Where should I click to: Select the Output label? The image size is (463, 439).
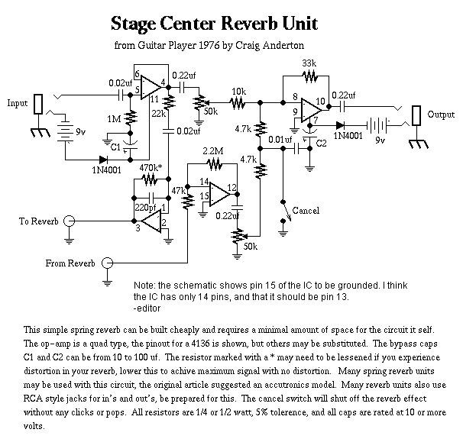(x=442, y=115)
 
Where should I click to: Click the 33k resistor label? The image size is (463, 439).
(x=309, y=63)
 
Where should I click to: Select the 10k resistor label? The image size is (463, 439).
(x=238, y=90)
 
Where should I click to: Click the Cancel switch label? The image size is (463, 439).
(x=306, y=210)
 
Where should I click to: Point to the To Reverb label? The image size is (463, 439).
(x=38, y=221)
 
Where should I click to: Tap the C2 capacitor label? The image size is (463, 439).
(x=321, y=143)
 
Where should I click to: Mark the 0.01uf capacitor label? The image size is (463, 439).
(x=280, y=140)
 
